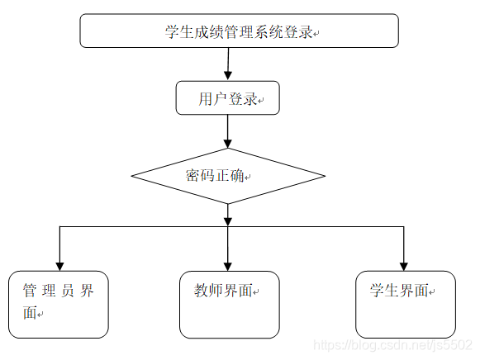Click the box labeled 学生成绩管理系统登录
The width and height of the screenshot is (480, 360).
point(239,31)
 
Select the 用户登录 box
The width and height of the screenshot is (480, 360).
point(228,98)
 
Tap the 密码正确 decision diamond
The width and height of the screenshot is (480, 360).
point(229,176)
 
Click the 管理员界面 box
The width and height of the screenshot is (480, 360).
point(59,304)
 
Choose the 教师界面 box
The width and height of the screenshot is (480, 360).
point(229,304)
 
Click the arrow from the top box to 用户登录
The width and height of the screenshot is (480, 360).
point(228,64)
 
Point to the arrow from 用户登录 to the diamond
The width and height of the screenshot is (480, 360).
point(228,131)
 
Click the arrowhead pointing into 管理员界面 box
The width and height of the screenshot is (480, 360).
point(59,264)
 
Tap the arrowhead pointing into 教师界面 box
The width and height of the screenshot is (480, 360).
point(228,264)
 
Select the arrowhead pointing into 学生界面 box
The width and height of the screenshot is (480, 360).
point(403,264)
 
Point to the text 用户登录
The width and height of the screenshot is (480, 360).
point(227,99)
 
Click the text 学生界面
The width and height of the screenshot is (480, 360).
point(399,291)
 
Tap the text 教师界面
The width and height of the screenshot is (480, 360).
point(223,291)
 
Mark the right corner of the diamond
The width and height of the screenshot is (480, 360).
point(324,176)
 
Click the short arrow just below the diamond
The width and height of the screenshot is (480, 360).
point(228,215)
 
